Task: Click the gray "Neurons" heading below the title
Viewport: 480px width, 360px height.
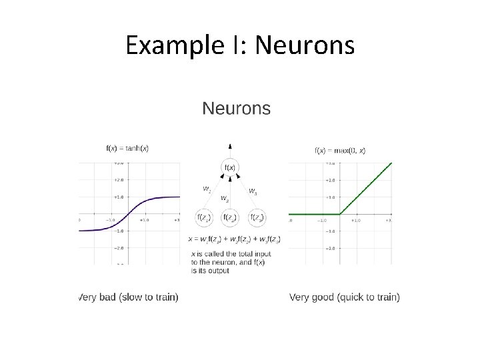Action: pyautogui.click(x=237, y=109)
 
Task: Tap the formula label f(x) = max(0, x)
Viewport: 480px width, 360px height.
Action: pyautogui.click(x=340, y=151)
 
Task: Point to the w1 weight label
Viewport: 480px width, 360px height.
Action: pyautogui.click(x=207, y=189)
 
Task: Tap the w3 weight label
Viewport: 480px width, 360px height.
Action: pyautogui.click(x=253, y=191)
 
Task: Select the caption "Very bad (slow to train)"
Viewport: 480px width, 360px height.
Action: pyautogui.click(x=129, y=297)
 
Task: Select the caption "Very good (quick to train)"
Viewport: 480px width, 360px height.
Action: pyautogui.click(x=345, y=297)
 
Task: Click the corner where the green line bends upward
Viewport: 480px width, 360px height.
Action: pyautogui.click(x=340, y=214)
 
